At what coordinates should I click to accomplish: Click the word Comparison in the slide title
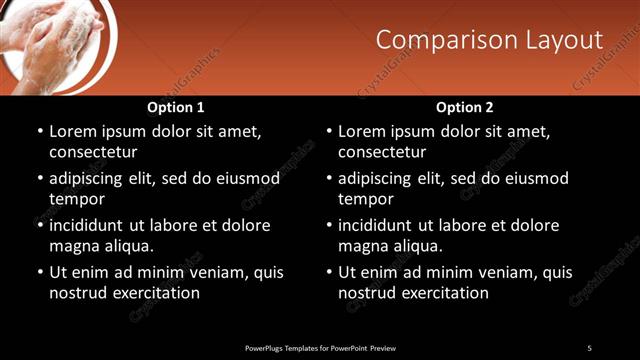click(441, 39)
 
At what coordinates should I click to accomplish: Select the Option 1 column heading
click(175, 107)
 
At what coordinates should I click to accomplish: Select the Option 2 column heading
click(464, 107)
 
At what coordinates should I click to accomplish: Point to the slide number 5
click(589, 348)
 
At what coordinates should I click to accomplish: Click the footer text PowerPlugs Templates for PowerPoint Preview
click(320, 348)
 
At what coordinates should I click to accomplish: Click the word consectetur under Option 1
click(93, 152)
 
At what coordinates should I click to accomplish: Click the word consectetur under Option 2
click(382, 152)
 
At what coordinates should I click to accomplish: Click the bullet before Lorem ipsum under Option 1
click(39, 132)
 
